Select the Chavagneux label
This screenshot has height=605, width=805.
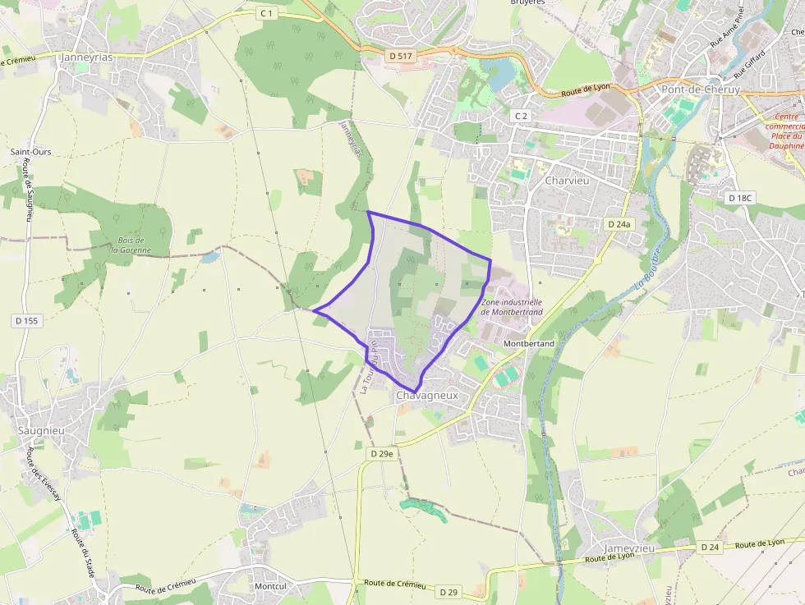(426, 396)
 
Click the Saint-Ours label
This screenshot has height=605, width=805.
(30, 152)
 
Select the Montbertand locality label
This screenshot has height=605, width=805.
(529, 343)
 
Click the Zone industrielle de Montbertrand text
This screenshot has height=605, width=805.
(512, 307)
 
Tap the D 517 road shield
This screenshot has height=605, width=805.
(402, 56)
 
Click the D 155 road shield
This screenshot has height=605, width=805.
(26, 320)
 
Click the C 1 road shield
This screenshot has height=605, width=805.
(266, 13)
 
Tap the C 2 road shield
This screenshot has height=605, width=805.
(521, 116)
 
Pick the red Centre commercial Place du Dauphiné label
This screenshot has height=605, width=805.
(784, 131)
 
